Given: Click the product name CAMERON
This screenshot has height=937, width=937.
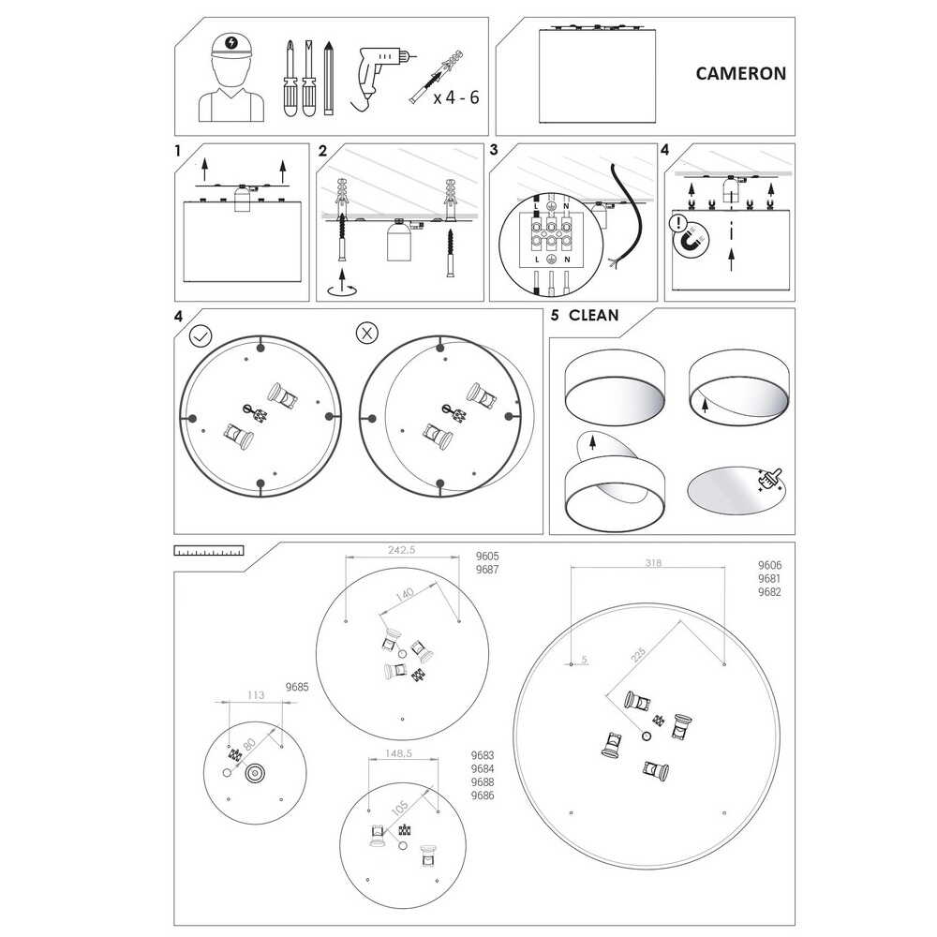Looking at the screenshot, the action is click(x=740, y=73).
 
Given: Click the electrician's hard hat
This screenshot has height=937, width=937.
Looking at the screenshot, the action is click(x=231, y=46).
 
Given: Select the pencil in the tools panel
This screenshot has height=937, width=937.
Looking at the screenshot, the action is click(x=328, y=78).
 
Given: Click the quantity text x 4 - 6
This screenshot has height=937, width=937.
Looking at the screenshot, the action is click(x=456, y=97).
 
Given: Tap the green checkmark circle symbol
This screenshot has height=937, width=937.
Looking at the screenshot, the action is click(x=201, y=335).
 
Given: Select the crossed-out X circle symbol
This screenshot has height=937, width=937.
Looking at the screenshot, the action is click(x=367, y=334).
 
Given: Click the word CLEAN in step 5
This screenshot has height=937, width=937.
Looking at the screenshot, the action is click(x=593, y=316).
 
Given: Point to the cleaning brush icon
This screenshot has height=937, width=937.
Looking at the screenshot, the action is click(x=771, y=480).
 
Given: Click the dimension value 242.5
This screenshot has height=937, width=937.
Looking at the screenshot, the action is click(x=402, y=550).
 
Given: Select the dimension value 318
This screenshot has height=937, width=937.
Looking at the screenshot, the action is click(x=653, y=562).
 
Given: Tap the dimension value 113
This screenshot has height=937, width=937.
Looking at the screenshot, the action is click(x=256, y=695).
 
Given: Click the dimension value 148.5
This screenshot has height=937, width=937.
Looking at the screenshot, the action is click(x=398, y=753).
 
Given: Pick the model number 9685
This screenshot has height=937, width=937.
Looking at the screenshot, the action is click(x=297, y=687).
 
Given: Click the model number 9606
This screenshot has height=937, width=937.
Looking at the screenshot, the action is click(x=769, y=565).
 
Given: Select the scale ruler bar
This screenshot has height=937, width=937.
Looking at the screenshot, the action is click(x=209, y=550).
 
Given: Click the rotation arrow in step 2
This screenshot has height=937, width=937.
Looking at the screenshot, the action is click(x=342, y=290).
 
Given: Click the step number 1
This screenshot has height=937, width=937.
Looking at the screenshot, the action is click(x=178, y=151).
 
